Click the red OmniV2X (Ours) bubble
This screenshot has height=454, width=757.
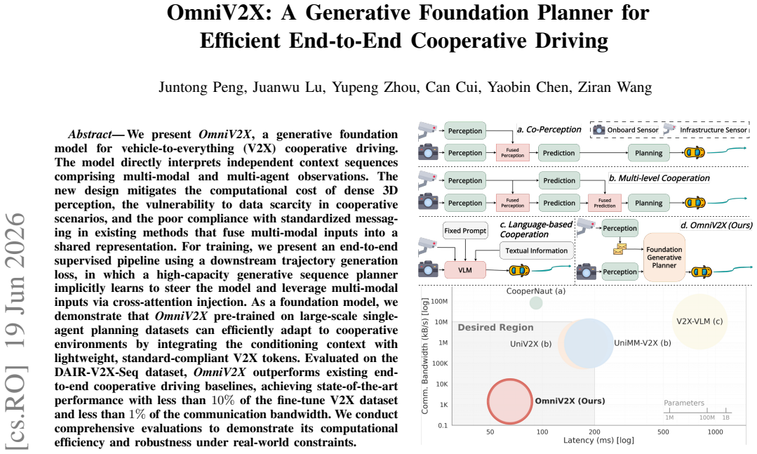click(510, 401)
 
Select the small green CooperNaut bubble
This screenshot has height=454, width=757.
click(536, 303)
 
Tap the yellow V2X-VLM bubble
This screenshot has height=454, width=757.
click(699, 321)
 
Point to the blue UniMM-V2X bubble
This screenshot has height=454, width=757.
click(589, 343)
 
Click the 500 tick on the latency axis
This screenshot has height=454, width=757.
click(664, 432)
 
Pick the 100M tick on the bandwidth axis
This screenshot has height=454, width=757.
click(439, 301)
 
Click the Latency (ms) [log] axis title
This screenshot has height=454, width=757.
click(598, 441)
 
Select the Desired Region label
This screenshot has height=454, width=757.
click(496, 328)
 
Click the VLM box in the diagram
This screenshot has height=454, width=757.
click(465, 270)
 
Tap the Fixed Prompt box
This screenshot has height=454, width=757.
click(465, 231)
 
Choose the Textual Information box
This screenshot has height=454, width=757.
click(537, 251)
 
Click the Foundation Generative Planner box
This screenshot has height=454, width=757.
click(664, 258)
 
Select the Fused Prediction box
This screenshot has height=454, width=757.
click(605, 203)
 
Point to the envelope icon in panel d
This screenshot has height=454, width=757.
click(620, 248)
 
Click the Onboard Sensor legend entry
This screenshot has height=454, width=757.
click(626, 130)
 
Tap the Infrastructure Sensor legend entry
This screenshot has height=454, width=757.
click(705, 129)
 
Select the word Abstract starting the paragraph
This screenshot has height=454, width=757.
click(89, 134)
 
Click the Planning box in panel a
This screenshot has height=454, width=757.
click(648, 153)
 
